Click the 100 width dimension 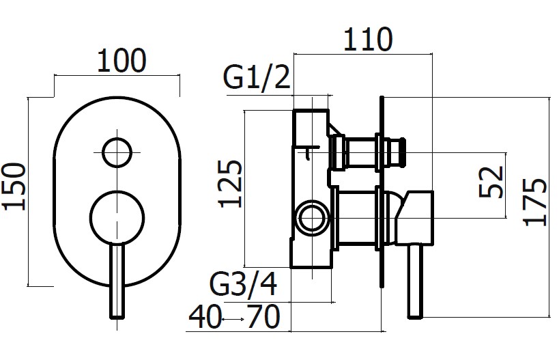(x=121, y=61)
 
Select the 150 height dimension (x=14, y=186)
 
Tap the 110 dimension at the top (x=368, y=39)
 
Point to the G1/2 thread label (x=257, y=77)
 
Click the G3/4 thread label (x=243, y=283)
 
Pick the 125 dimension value (x=230, y=184)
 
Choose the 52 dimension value (x=491, y=182)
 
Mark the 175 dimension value (x=534, y=202)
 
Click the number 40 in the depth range (x=205, y=317)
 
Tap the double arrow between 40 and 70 (x=233, y=319)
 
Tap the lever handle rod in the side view (x=416, y=281)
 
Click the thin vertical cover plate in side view (x=382, y=191)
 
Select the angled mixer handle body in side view (x=414, y=218)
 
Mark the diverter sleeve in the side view (x=360, y=152)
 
